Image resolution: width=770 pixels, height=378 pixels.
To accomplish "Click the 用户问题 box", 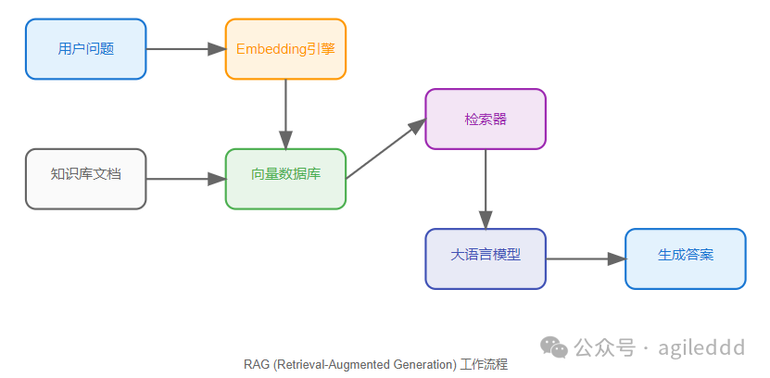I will pyautogui.click(x=85, y=49).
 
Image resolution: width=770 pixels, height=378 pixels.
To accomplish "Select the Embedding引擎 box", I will pyautogui.click(x=285, y=49).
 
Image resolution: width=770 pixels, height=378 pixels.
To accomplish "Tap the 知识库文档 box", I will pyautogui.click(x=85, y=179).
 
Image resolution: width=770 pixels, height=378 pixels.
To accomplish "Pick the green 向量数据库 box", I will pyautogui.click(x=285, y=179).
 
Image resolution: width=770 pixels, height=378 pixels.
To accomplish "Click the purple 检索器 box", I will pyautogui.click(x=486, y=120).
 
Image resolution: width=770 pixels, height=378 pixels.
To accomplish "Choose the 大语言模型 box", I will pyautogui.click(x=486, y=258).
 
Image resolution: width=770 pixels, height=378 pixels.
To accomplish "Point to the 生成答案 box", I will pyautogui.click(x=686, y=258).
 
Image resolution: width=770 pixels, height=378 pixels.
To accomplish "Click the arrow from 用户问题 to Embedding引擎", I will pyautogui.click(x=185, y=49).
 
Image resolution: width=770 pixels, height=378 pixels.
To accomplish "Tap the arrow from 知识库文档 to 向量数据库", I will pyautogui.click(x=185, y=179).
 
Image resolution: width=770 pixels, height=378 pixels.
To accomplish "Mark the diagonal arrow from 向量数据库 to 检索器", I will pyautogui.click(x=385, y=149).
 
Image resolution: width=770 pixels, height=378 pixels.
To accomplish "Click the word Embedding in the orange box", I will pyautogui.click(x=271, y=49).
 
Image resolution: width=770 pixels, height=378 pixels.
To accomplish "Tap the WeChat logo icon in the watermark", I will pyautogui.click(x=554, y=347).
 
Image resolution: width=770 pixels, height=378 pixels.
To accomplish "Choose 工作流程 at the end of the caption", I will pyautogui.click(x=484, y=365).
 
